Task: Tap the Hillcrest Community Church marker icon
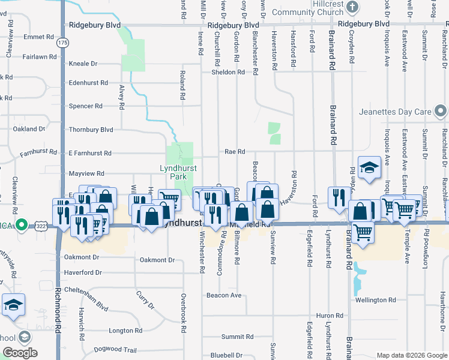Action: [x=352, y=7]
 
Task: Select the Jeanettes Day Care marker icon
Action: [x=441, y=112]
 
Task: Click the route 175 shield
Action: [x=63, y=43]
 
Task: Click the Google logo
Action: [x=20, y=353]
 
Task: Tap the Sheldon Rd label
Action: [x=228, y=72]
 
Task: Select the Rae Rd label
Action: [x=235, y=152]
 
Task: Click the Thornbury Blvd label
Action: [x=91, y=129]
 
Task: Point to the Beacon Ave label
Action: [x=223, y=295]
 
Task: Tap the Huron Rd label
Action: [x=329, y=315]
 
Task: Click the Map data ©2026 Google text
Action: [x=412, y=355]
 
